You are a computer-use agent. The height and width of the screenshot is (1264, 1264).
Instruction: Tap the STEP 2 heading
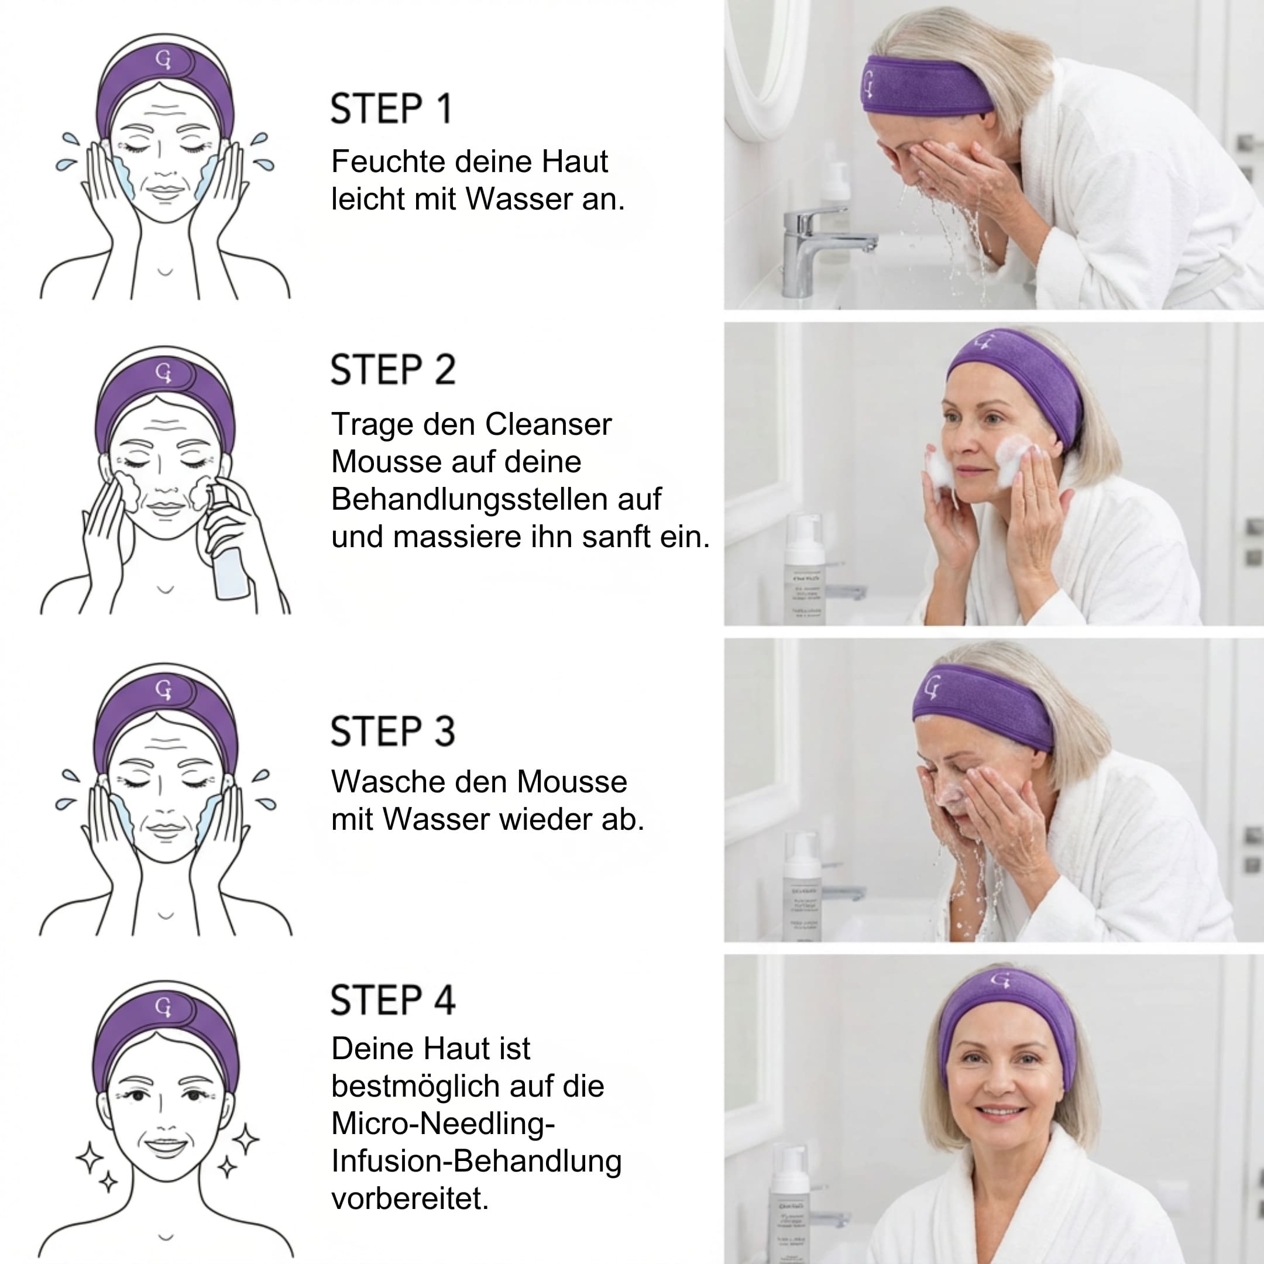pyautogui.click(x=393, y=370)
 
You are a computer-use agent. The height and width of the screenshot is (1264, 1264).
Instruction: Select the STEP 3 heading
pyautogui.click(x=393, y=731)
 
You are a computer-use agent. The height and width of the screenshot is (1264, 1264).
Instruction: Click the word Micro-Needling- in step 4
pyautogui.click(x=443, y=1124)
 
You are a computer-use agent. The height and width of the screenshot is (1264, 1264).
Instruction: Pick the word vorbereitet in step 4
pyautogui.click(x=409, y=1198)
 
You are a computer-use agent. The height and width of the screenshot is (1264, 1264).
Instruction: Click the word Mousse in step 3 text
pyautogui.click(x=571, y=782)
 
